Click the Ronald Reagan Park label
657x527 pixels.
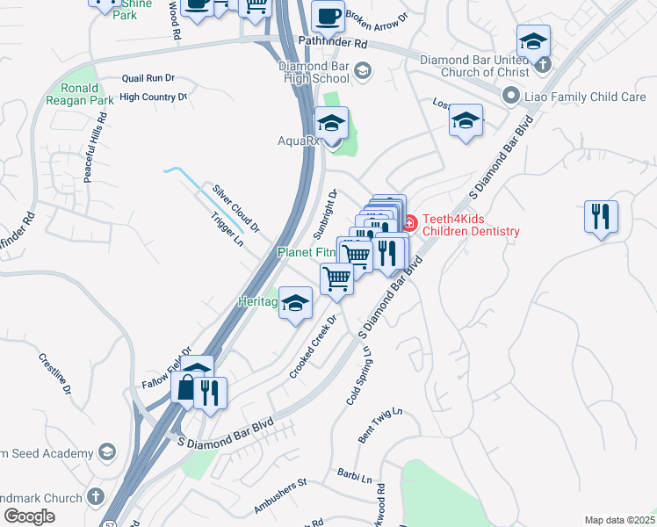[x=86, y=94]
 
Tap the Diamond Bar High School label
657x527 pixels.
[x=314, y=72]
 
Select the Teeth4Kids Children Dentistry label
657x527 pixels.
[x=471, y=225]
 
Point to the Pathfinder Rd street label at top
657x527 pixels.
[x=333, y=42]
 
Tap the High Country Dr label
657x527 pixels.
[x=154, y=97]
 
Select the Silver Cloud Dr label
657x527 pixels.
[x=235, y=207]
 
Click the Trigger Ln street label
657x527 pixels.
[x=226, y=231]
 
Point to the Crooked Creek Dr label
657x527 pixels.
[x=314, y=348]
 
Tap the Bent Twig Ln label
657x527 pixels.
[x=379, y=423]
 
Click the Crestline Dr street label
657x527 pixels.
[x=54, y=373]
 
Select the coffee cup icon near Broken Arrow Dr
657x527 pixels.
[x=328, y=17]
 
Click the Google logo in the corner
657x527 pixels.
[x=29, y=516]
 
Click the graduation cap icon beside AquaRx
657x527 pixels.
[x=332, y=123]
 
